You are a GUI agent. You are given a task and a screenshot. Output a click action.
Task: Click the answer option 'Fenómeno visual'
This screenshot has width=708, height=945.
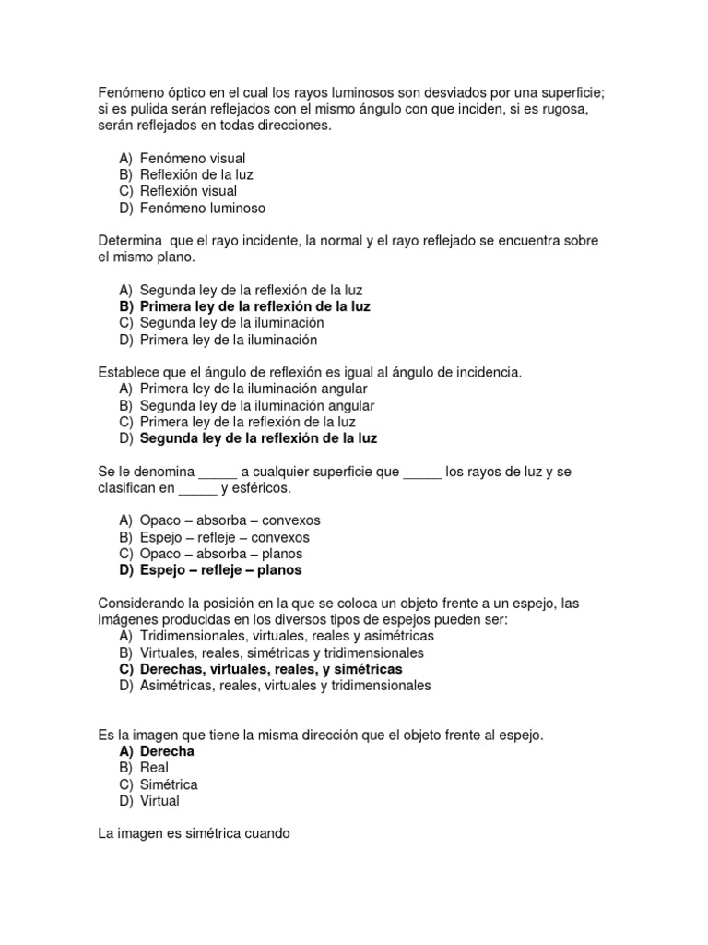[x=193, y=159]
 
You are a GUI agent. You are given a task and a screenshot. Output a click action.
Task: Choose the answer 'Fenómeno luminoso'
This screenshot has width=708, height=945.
[x=203, y=208]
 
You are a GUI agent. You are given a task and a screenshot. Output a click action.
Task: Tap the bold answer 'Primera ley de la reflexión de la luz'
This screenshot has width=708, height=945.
[x=255, y=306]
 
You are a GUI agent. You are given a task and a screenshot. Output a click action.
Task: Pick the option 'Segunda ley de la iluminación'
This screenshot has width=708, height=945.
[x=231, y=323]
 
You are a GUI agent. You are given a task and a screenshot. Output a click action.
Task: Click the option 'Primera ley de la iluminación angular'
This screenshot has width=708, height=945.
[x=254, y=389]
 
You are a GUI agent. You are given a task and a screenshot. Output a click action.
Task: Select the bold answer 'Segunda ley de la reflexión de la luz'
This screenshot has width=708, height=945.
[x=259, y=438]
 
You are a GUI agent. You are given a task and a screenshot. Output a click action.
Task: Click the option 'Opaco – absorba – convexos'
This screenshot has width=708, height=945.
[x=230, y=520]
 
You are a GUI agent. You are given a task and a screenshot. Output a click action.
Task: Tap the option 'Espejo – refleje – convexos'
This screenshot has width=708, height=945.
[x=225, y=537]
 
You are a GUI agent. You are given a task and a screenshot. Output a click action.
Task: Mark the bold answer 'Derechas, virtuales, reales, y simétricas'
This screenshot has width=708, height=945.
[x=271, y=669]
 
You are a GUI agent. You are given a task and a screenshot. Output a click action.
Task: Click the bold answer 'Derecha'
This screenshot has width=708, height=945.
[x=167, y=751]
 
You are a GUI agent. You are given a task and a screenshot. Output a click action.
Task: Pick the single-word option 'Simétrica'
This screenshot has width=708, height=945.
[x=169, y=784]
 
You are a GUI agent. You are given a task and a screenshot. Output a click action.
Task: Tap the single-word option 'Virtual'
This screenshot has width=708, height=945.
[x=159, y=801]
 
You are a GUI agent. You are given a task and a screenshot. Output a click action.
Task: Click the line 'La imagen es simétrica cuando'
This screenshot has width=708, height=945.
[x=194, y=833]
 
